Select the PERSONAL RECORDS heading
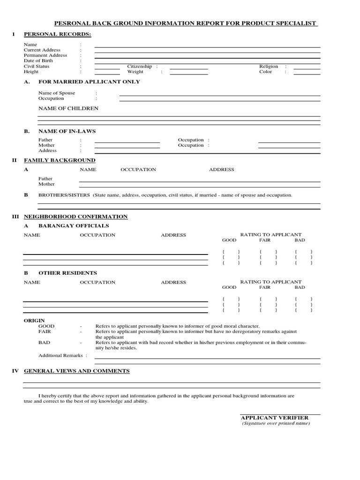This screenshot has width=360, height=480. tap(58, 34)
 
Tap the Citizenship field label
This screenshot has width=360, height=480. tap(140, 67)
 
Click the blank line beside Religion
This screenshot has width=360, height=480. tap(307, 69)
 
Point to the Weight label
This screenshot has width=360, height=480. tap(135, 72)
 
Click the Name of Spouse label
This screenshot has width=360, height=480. tap(57, 93)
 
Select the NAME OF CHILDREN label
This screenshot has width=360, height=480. tap(68, 108)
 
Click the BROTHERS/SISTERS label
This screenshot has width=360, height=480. tap(64, 195)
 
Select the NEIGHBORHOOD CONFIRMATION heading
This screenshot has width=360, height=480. tap(75, 217)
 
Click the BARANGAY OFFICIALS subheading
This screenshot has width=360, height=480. tap(74, 226)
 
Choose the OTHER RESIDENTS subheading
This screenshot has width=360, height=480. tap(67, 273)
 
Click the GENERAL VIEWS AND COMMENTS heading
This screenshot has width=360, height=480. tap(76, 371)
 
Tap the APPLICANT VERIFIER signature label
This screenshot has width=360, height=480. tap(274, 418)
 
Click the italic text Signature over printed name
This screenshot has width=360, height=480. tap(276, 423)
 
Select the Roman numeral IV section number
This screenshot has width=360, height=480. tap(15, 371)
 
